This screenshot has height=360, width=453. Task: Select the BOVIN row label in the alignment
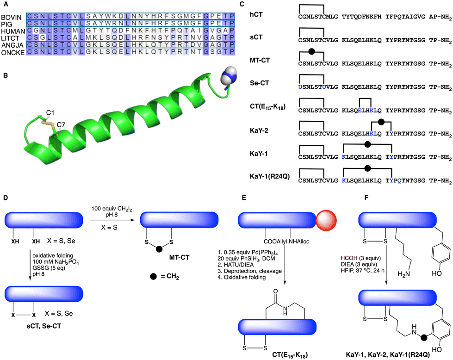point(12,17)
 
